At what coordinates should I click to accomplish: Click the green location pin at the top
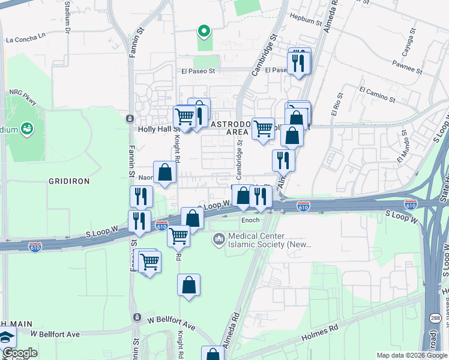pyautogui.click(x=203, y=31)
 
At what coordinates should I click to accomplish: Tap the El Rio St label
pyautogui.click(x=336, y=105)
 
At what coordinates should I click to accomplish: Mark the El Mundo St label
pyautogui.click(x=402, y=153)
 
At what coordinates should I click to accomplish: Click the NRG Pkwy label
pyautogui.click(x=22, y=93)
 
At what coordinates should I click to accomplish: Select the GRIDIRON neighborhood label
pyautogui.click(x=68, y=181)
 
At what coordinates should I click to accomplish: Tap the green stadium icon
pyautogui.click(x=26, y=128)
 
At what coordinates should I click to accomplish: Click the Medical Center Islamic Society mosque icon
pyautogui.click(x=218, y=240)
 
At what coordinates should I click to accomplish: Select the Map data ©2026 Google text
pyautogui.click(x=411, y=355)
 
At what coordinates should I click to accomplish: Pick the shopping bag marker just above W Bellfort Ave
pyautogui.click(x=188, y=285)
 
